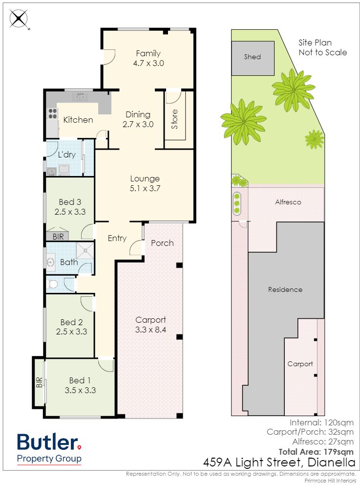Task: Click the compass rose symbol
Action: click(19, 19)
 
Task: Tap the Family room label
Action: click(148, 53)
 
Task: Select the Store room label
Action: click(174, 119)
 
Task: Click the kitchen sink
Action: click(80, 97)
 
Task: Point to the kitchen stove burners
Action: click(52, 113)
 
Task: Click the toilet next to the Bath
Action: click(52, 284)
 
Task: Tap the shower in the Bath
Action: click(85, 250)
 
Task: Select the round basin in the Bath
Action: click(50, 262)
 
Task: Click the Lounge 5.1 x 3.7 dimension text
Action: click(145, 188)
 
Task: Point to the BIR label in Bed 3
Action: click(58, 237)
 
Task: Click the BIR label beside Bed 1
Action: click(39, 382)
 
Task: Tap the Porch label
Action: click(162, 243)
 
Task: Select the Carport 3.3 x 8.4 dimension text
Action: click(150, 330)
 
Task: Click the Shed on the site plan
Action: click(253, 58)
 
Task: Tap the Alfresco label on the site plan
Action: click(288, 202)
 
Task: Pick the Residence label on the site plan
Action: click(285, 289)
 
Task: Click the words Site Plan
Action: click(315, 43)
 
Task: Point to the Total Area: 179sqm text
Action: click(316, 452)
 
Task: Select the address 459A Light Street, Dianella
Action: click(279, 463)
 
